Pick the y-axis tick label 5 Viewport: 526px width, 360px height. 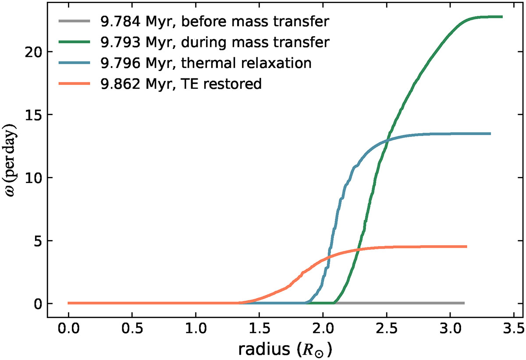point(39,241)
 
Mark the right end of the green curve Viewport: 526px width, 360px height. point(501,17)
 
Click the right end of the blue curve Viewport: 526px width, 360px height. point(490,134)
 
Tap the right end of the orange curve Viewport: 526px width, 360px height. point(466,247)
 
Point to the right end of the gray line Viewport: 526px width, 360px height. point(463,303)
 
